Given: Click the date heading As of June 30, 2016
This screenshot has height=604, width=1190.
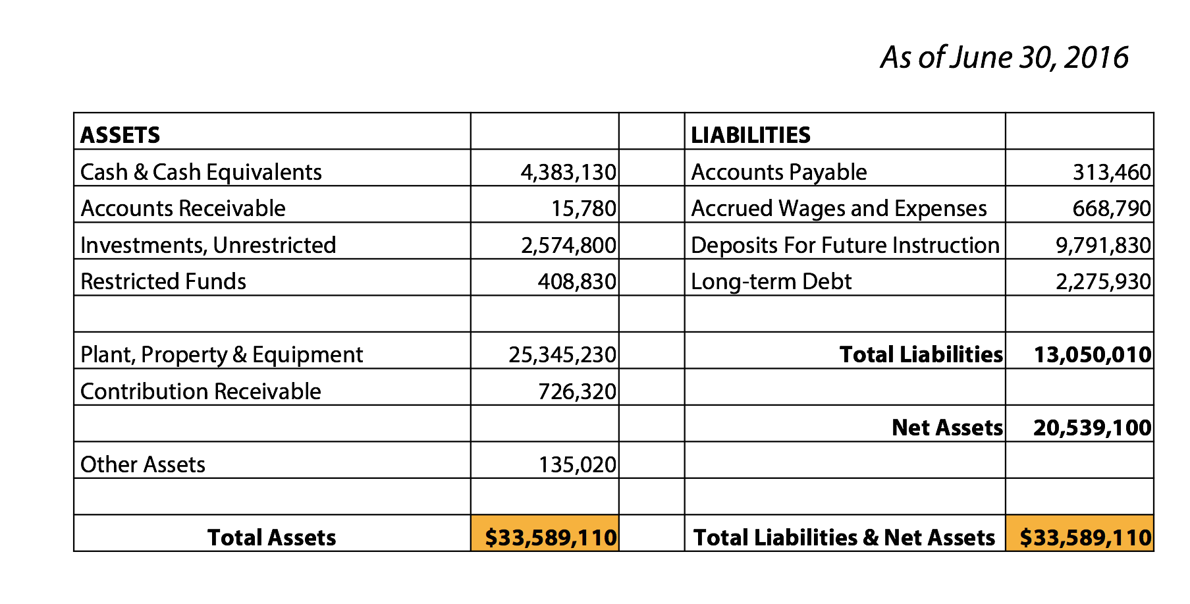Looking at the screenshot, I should click(x=1004, y=57).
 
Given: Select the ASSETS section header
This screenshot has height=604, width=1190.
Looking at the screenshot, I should click(x=120, y=135).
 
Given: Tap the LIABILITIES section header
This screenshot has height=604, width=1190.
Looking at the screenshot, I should click(x=750, y=135).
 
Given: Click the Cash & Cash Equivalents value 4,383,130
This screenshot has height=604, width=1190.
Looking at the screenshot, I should click(x=568, y=172).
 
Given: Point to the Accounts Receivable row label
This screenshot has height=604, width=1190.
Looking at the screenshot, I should click(x=183, y=208).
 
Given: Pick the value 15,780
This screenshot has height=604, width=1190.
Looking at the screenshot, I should click(x=583, y=208).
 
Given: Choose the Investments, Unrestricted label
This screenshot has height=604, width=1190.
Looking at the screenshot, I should click(x=208, y=245).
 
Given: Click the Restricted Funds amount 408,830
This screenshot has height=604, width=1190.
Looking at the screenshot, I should click(x=577, y=281).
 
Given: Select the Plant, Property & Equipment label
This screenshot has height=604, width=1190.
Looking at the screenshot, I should click(x=221, y=354).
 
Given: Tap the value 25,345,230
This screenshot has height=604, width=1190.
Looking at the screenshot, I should click(x=562, y=354).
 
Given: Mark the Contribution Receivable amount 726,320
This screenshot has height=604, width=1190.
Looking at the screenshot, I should click(x=577, y=391).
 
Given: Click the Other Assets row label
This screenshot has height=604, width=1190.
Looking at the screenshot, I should click(x=143, y=464).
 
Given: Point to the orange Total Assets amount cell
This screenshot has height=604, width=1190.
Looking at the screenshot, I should click(x=545, y=534).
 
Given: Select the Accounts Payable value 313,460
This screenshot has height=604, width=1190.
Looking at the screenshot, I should click(x=1112, y=172).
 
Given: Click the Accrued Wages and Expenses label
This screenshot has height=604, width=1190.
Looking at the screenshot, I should click(x=838, y=208).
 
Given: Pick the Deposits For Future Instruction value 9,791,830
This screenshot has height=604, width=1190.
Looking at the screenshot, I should click(x=1103, y=245).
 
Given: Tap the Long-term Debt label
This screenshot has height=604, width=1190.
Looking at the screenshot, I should click(x=771, y=281).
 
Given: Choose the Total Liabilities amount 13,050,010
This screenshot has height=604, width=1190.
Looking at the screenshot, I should click(x=1093, y=354).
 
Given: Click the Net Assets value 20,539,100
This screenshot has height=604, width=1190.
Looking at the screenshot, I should click(x=1093, y=427).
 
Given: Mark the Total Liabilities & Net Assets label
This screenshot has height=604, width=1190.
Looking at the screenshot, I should click(x=844, y=537).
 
